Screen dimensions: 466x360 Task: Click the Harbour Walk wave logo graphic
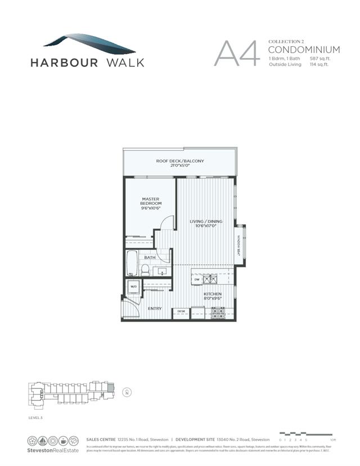pos(90,42)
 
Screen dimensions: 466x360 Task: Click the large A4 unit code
pos(237,53)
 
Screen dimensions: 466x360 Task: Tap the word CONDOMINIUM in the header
pos(304,50)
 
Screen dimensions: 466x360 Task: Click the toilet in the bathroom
pos(145,270)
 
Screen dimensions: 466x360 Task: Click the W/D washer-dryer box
pos(134,286)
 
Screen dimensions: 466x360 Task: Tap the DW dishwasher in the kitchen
pos(197,279)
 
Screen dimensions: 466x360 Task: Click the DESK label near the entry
pos(181,311)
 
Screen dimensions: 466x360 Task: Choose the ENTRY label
pos(155,308)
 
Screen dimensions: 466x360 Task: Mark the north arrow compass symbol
pos(127,392)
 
